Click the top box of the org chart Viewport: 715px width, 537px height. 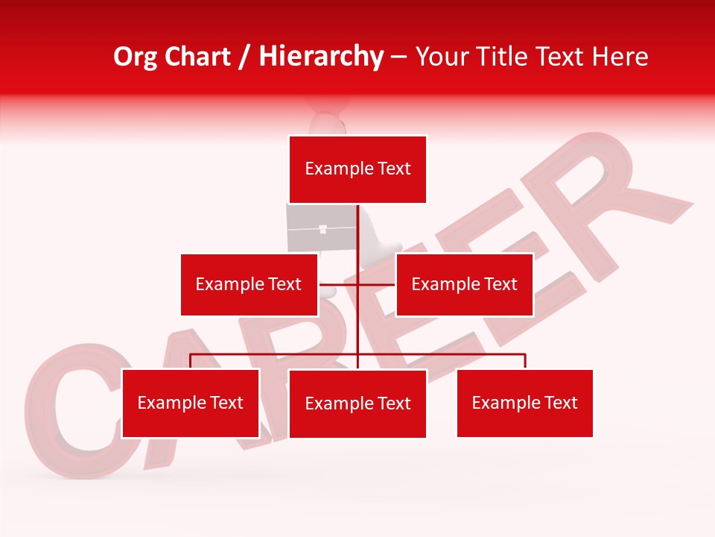357,169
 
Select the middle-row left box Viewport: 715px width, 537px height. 249,284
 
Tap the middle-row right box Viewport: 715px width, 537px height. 464,284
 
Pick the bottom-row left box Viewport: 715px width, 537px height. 191,403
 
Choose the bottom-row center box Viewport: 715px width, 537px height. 357,403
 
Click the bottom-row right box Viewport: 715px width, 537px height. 524,403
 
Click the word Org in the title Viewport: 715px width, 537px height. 135,57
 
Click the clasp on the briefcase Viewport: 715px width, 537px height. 322,230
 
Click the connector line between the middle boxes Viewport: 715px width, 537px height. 357,284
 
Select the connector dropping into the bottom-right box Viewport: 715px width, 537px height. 525,361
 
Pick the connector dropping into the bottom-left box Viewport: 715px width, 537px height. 191,361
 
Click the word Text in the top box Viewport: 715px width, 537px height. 394,169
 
